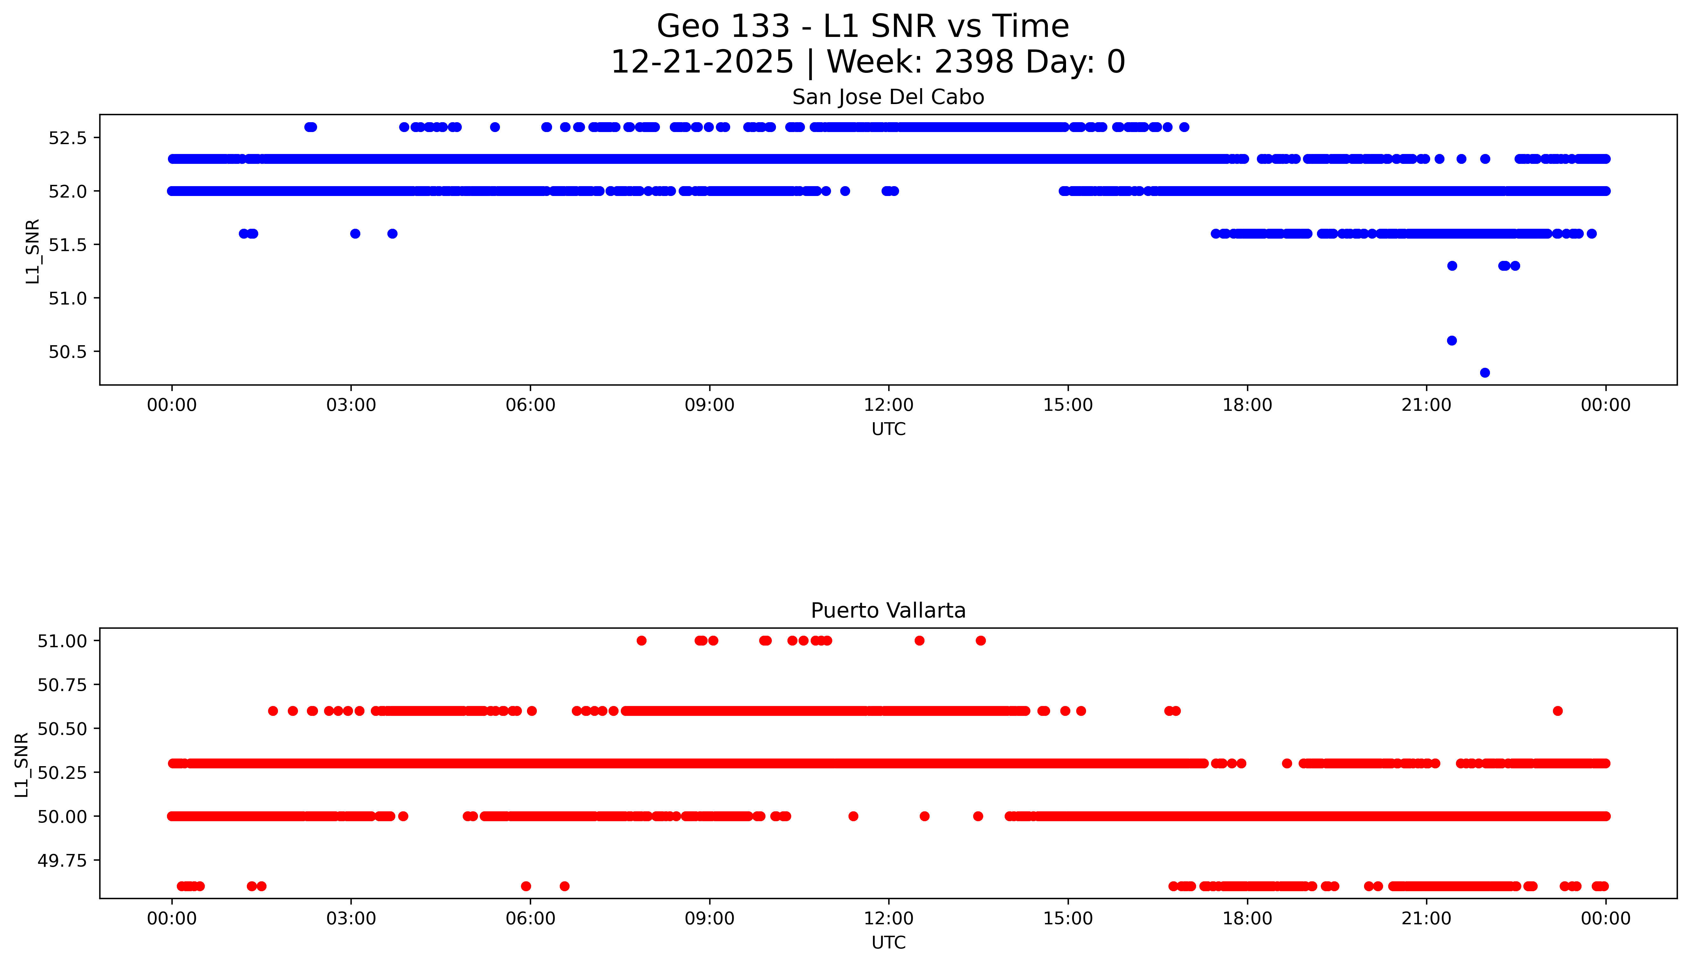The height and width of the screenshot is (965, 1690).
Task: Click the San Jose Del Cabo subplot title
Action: click(888, 97)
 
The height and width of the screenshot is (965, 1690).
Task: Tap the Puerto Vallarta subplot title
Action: click(888, 611)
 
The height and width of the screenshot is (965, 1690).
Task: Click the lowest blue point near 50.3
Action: click(1485, 373)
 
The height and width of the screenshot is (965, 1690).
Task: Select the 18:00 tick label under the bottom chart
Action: click(1247, 919)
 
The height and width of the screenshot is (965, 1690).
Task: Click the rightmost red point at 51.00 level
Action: click(980, 640)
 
